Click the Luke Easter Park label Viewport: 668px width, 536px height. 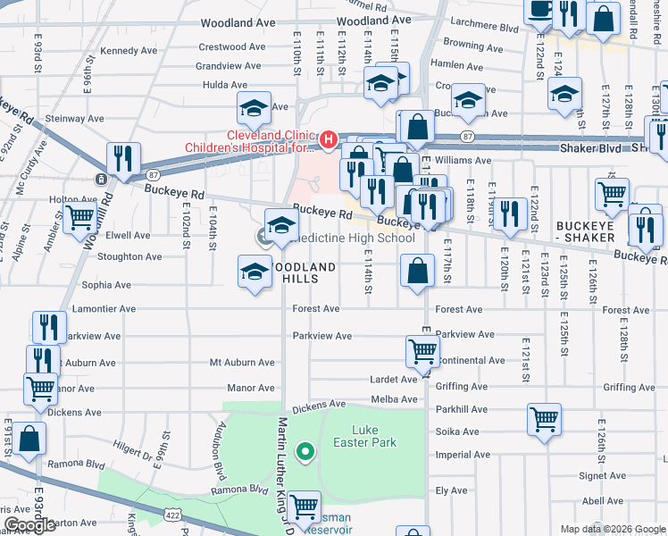click(373, 436)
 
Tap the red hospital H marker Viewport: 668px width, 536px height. click(328, 139)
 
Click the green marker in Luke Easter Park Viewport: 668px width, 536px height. click(305, 452)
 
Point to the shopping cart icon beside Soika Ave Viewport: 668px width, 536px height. click(544, 418)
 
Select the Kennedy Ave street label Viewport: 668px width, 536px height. click(129, 51)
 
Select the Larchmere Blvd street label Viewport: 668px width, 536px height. click(486, 29)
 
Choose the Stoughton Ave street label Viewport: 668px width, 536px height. click(129, 256)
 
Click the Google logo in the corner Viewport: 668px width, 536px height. click(29, 525)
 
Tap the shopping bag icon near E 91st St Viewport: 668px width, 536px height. click(29, 439)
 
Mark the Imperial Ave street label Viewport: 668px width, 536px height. click(463, 455)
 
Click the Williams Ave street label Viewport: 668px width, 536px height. click(463, 161)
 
